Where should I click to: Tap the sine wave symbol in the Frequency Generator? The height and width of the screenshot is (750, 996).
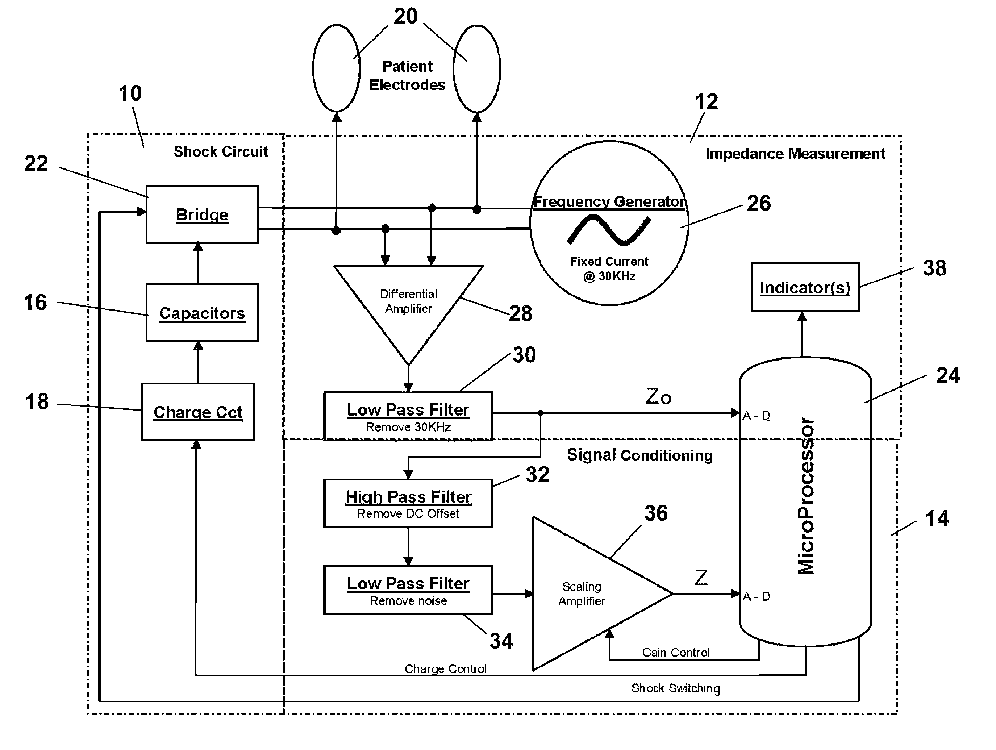[609, 230]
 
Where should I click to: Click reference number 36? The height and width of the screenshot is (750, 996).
[656, 513]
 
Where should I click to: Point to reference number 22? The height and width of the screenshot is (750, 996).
[36, 163]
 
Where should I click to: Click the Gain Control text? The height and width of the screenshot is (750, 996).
[675, 652]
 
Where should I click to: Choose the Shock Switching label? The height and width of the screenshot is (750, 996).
[675, 688]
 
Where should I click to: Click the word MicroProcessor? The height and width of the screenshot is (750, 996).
[806, 496]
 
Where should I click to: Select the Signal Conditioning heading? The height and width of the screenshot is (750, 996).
[639, 455]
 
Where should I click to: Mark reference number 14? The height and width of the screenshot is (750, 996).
[937, 518]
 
